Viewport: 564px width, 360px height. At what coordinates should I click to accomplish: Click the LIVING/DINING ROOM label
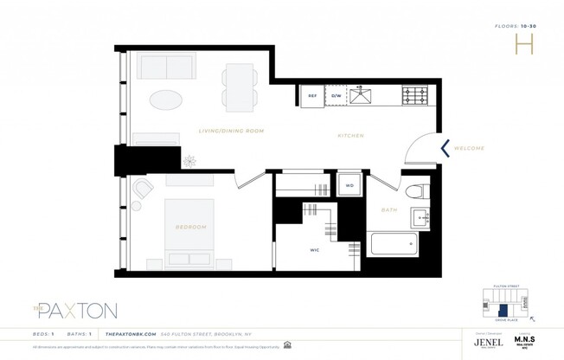click(x=231, y=131)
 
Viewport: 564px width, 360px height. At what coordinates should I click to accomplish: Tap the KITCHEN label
click(x=350, y=136)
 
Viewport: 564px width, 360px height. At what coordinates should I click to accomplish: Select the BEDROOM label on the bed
click(x=191, y=227)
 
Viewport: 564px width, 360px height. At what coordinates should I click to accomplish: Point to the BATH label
click(x=389, y=210)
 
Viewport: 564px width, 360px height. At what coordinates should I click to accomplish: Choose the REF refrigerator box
click(x=311, y=96)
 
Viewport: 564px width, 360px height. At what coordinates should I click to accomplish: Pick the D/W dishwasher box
click(x=336, y=96)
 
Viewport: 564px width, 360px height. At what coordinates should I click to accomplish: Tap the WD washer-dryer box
click(x=349, y=184)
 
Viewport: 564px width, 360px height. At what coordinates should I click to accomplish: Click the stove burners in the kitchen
click(x=415, y=93)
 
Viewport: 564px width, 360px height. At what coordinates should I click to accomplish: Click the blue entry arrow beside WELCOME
click(x=445, y=148)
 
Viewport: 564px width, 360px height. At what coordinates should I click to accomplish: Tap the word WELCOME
click(x=469, y=148)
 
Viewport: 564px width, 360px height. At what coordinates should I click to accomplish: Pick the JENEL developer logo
click(x=487, y=342)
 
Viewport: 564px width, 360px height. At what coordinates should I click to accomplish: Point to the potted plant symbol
click(x=189, y=160)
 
